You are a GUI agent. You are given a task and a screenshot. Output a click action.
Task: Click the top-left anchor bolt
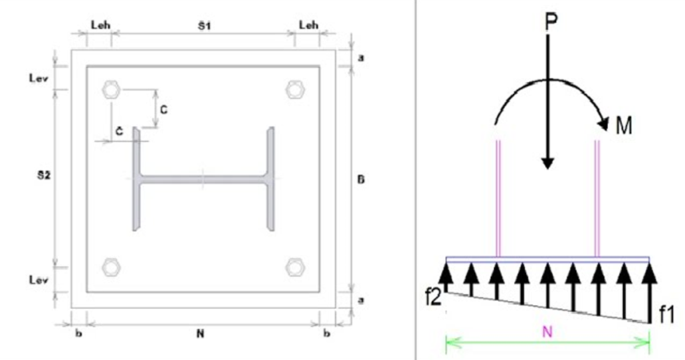pyautogui.click(x=111, y=90)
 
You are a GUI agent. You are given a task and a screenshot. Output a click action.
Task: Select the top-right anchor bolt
pyautogui.click(x=295, y=90)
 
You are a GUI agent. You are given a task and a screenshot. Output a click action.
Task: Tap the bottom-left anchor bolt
pyautogui.click(x=111, y=267)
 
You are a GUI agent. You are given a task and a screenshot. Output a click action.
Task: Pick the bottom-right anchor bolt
pyautogui.click(x=295, y=267)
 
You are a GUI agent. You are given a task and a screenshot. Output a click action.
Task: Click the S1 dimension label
pyautogui.click(x=204, y=26)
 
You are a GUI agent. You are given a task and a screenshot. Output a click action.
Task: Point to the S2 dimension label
pyautogui.click(x=43, y=175)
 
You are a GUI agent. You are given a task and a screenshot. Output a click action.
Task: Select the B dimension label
pyautogui.click(x=361, y=179)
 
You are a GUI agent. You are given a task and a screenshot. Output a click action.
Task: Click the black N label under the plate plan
pyautogui.click(x=200, y=334)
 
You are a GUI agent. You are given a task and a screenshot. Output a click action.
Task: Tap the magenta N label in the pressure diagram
pyautogui.click(x=547, y=332)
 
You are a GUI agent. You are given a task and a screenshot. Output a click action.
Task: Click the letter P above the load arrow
pyautogui.click(x=551, y=22)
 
